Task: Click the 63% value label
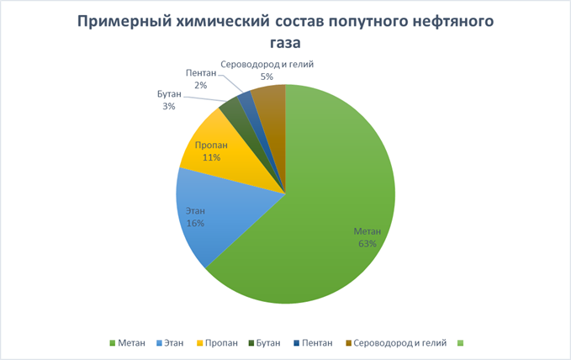366,244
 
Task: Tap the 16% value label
195,225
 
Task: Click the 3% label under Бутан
169,107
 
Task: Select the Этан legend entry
173,342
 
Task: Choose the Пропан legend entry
218,342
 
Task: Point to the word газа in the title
284,42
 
